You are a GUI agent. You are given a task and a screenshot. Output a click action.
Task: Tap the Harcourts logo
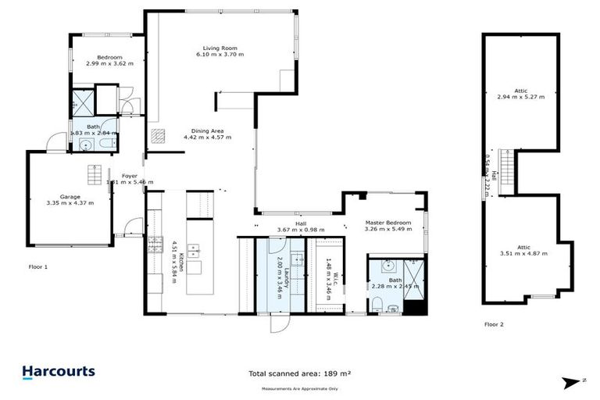click(59, 372)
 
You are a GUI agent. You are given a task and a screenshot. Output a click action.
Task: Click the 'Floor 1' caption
click(37, 266)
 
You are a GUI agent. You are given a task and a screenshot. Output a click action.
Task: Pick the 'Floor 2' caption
click(494, 323)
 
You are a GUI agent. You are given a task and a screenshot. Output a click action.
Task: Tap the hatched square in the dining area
click(159, 135)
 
